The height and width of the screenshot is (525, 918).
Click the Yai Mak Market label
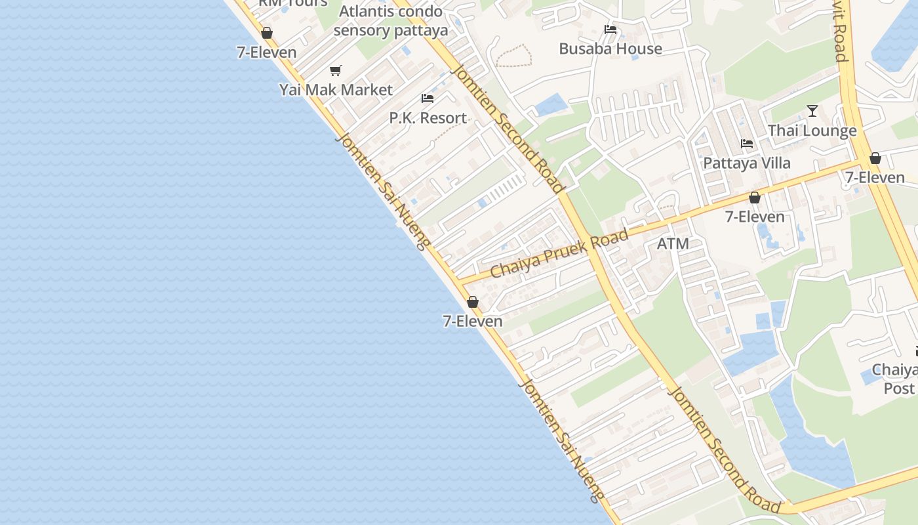click(336, 90)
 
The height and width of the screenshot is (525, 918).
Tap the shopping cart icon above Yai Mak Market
click(336, 70)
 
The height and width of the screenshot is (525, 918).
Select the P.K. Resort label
click(428, 118)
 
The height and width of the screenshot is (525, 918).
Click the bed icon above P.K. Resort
click(428, 98)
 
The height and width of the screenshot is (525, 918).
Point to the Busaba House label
click(610, 49)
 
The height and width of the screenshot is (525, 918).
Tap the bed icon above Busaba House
click(610, 29)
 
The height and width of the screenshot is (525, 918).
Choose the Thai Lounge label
click(812, 131)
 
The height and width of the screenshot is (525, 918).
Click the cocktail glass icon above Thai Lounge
click(812, 110)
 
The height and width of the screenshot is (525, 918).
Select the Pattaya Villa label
click(747, 163)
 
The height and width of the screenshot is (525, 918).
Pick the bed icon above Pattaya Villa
click(747, 143)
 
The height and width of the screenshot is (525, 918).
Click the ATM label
click(673, 244)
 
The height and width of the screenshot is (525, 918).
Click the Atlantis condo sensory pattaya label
click(391, 21)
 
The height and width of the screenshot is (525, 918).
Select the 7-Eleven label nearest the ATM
click(754, 217)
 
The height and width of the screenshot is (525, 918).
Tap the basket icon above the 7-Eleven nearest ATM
click(755, 198)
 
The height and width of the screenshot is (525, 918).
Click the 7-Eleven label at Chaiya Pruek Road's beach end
click(472, 321)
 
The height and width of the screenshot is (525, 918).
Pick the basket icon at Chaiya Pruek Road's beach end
click(472, 302)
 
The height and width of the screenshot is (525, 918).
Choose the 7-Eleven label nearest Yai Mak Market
click(266, 52)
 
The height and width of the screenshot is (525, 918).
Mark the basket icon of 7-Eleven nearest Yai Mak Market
click(267, 33)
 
